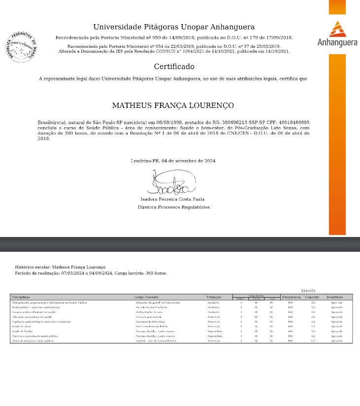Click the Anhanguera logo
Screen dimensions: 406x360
point(337,34)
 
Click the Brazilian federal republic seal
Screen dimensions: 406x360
point(21,47)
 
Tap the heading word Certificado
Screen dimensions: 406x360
point(174,67)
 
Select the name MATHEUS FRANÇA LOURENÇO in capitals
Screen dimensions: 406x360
point(173,105)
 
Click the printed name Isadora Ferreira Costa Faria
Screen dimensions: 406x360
point(172,200)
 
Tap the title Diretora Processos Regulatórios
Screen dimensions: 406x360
point(173,207)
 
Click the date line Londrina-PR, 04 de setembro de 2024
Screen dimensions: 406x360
point(173,161)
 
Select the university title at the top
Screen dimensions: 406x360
point(174,27)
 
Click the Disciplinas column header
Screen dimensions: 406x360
point(21,297)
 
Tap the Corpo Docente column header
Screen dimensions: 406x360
point(146,297)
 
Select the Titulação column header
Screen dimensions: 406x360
point(214,297)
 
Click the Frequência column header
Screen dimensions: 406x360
point(291,297)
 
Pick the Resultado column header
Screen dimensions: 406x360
point(335,297)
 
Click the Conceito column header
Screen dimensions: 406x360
point(312,297)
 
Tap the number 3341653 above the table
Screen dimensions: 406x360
point(308,291)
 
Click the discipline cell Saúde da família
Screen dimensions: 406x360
point(22,332)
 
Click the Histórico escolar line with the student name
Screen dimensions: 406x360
point(60,267)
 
